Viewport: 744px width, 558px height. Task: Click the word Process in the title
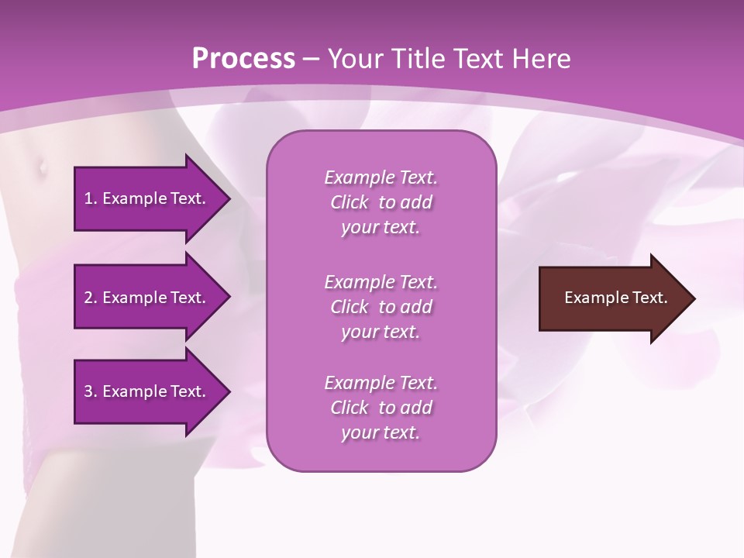coord(243,59)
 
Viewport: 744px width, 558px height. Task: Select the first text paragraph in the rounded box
coord(381,202)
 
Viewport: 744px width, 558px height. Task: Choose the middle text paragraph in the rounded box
coord(381,306)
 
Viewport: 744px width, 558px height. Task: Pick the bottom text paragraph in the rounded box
coord(381,408)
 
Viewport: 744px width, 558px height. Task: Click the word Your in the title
coord(355,59)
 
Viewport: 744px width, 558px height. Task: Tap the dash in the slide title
coord(311,60)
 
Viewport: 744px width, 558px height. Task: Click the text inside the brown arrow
coord(615,298)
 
